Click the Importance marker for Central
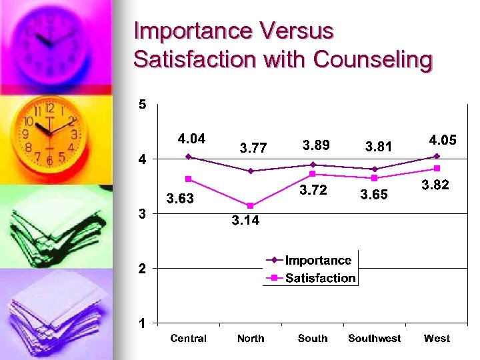tap(189, 157)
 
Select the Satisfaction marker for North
tap(251, 205)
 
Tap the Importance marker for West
tap(437, 156)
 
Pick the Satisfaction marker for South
tap(313, 174)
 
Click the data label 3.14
tap(245, 221)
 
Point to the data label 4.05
tap(443, 141)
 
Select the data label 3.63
tap(180, 199)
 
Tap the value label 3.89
tap(317, 145)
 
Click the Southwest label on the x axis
tap(375, 339)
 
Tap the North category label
tap(251, 339)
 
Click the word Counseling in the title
tap(373, 60)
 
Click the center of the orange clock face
tap(49, 133)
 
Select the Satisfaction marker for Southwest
tap(375, 178)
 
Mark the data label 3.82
tap(436, 185)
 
